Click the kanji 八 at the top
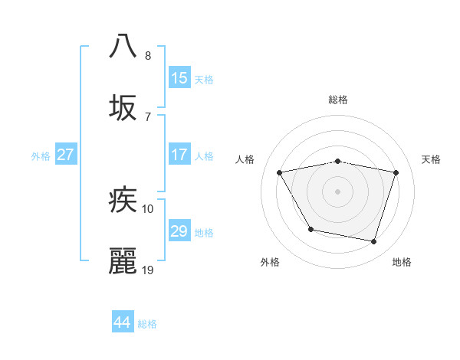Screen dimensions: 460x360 click(123, 45)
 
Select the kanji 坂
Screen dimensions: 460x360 click(123, 108)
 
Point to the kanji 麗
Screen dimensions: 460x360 click(123, 261)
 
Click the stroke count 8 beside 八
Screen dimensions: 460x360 click(148, 55)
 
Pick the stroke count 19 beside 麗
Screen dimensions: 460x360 click(148, 270)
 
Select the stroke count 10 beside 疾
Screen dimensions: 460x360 click(148, 208)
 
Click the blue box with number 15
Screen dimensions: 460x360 click(179, 78)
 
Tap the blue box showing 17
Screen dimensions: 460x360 click(179, 155)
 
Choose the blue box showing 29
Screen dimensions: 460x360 click(179, 231)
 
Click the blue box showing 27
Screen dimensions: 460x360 click(65, 155)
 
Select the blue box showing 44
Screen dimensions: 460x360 click(122, 322)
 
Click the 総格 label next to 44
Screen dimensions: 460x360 click(147, 324)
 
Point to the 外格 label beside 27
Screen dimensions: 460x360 click(41, 156)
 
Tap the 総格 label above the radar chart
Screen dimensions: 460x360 click(338, 100)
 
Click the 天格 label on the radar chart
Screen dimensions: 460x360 click(432, 159)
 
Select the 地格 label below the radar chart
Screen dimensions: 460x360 click(402, 262)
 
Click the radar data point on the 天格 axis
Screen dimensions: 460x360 click(396, 173)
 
